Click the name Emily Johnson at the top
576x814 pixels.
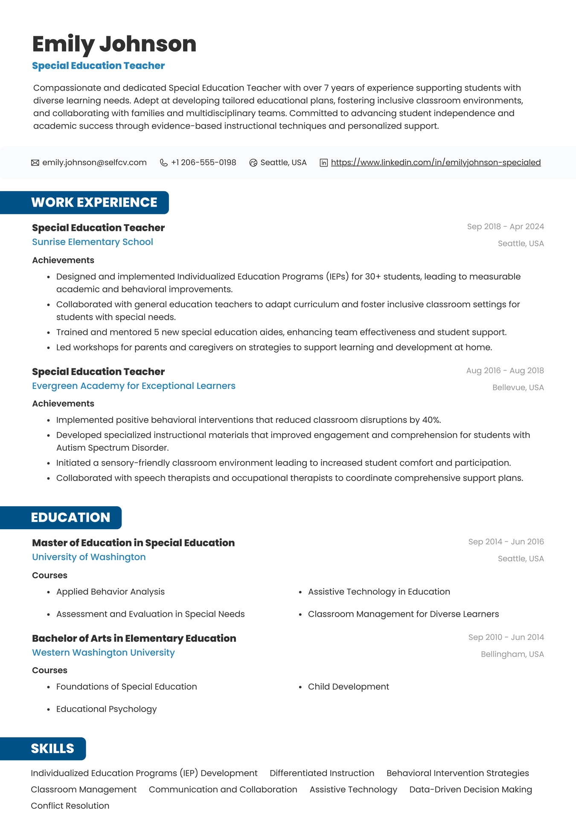click(114, 44)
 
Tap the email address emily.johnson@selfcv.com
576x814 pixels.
click(94, 163)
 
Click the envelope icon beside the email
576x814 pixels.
click(35, 163)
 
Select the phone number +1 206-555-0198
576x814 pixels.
click(204, 163)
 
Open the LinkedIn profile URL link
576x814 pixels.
click(436, 163)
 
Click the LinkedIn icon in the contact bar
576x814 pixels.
click(324, 163)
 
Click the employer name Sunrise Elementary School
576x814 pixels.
click(92, 242)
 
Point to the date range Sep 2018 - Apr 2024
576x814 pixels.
click(505, 227)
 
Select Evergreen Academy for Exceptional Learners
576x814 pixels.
click(134, 386)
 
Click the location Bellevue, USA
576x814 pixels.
click(518, 388)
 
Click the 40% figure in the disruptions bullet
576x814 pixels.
click(431, 420)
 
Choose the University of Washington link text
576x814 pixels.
click(89, 557)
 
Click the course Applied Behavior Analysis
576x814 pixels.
click(110, 592)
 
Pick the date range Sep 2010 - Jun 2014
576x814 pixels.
click(506, 637)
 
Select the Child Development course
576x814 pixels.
click(348, 687)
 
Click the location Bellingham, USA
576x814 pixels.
click(512, 654)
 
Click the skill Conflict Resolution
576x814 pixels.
click(70, 806)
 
